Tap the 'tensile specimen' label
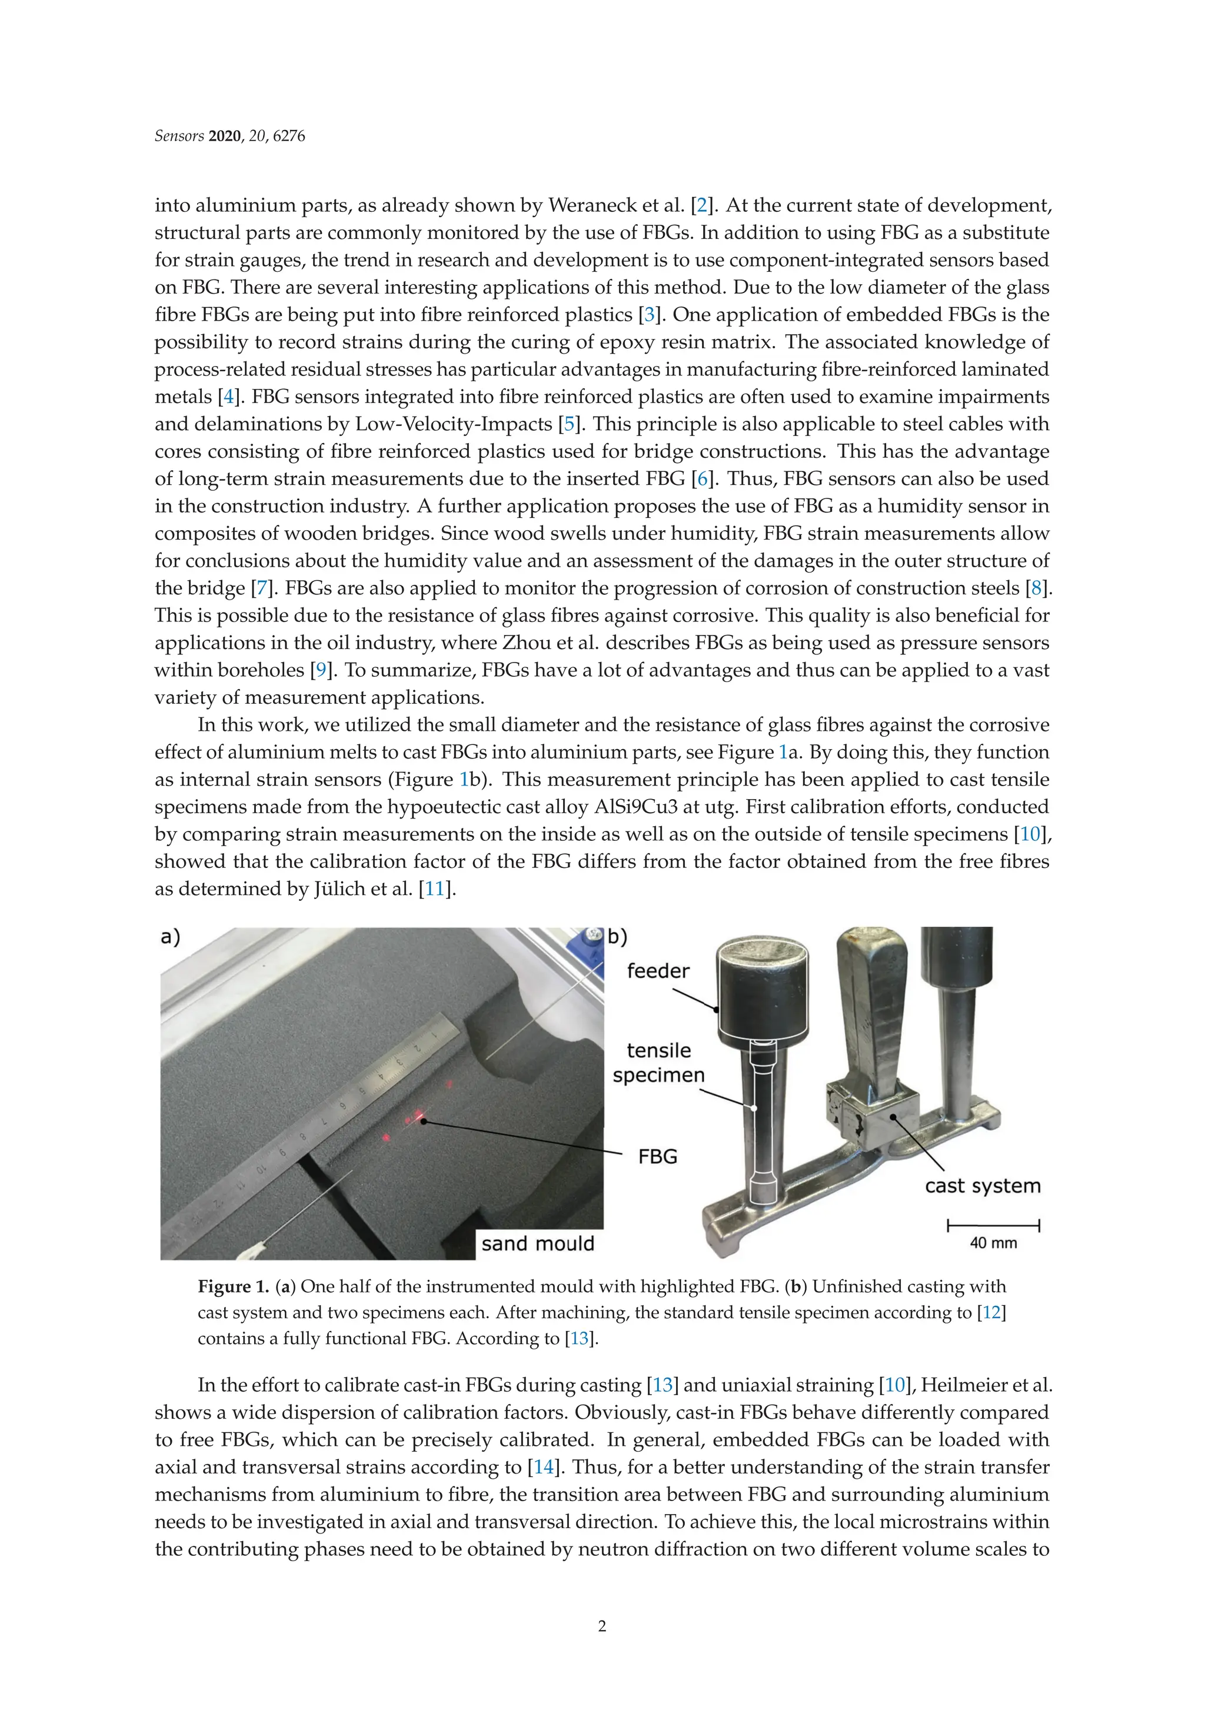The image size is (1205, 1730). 658,1062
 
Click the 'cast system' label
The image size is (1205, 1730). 982,1186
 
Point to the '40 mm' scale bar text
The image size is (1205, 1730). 993,1243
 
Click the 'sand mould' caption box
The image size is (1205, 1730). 537,1243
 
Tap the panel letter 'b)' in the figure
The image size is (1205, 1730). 617,937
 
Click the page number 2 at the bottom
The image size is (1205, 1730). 601,1626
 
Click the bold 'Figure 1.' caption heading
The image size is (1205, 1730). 233,1286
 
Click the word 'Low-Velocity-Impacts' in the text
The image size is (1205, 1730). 454,424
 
